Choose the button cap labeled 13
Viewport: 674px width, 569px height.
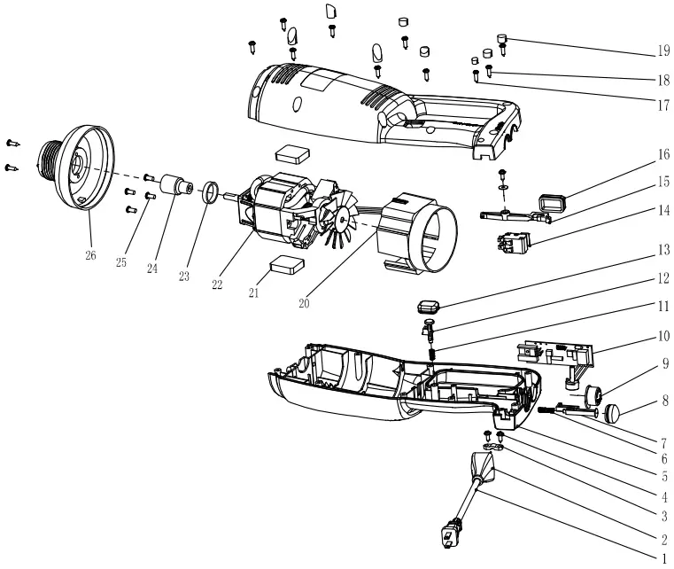click(429, 307)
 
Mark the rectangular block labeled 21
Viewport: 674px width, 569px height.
click(287, 263)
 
